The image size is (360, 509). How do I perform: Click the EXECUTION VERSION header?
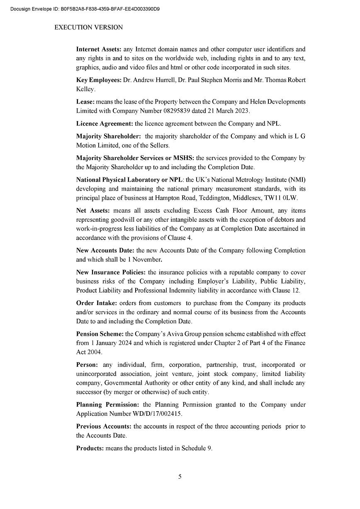click(x=88, y=27)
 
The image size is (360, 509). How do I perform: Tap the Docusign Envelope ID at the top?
click(x=85, y=8)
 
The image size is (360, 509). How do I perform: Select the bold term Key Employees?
click(x=99, y=80)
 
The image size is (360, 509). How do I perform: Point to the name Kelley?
click(x=85, y=89)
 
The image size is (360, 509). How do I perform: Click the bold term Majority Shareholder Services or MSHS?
click(x=135, y=158)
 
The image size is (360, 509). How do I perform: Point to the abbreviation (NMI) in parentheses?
click(x=297, y=179)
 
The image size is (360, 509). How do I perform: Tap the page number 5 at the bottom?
click(x=180, y=477)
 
